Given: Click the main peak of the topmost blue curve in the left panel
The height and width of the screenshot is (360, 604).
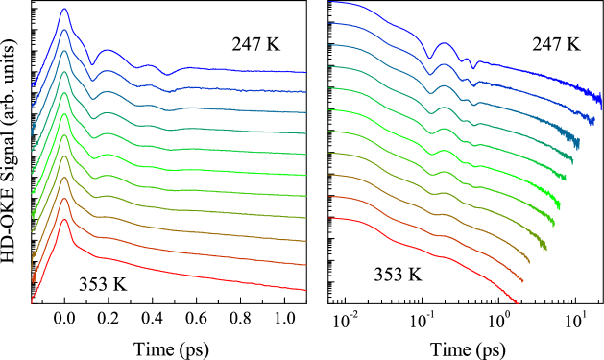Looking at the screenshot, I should coord(64,10).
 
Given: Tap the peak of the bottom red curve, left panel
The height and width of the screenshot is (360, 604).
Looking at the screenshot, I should coord(64,221).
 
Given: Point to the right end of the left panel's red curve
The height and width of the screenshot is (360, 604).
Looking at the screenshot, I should coord(305,290).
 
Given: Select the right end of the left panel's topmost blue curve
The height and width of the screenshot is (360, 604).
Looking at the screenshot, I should coord(305,72).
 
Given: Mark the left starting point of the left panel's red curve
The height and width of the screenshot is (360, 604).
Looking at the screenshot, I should coord(32,301).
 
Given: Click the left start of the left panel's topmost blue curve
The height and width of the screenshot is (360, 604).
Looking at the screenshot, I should coord(32,84).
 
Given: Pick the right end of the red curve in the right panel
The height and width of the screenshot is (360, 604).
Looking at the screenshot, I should coord(518,303).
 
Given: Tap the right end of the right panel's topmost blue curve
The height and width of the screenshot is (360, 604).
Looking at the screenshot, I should coord(600,99).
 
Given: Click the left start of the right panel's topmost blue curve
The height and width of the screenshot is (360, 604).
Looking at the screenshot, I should coord(329,2).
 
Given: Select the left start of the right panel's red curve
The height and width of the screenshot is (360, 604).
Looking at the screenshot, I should coord(329,218).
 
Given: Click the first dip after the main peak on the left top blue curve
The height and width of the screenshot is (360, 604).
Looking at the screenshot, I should coord(92,63).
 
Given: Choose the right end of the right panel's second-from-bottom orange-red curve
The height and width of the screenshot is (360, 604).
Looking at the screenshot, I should coord(522,281).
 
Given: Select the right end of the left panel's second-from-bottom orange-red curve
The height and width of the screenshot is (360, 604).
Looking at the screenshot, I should coord(305,265).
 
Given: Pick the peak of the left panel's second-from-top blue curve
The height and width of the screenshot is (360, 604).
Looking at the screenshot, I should coord(64,31).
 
